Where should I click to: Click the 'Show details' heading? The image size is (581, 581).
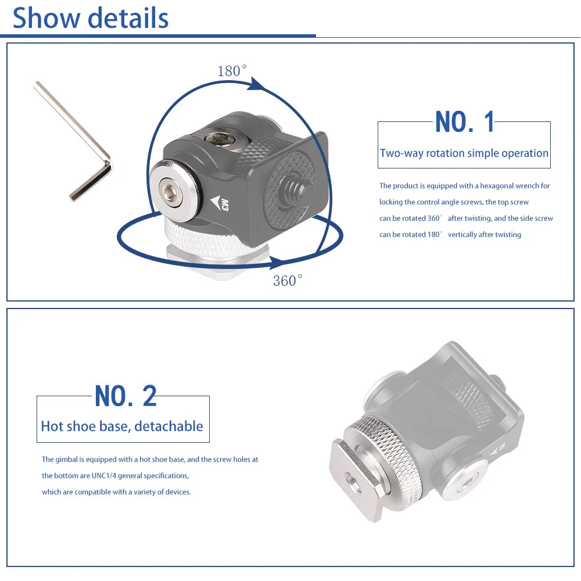tap(91, 18)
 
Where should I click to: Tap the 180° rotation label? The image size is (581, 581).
tap(232, 71)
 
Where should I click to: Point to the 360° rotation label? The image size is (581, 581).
tap(288, 281)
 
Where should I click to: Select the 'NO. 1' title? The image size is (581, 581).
tap(465, 122)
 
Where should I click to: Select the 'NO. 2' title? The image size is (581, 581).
tap(125, 396)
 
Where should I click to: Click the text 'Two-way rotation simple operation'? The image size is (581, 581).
tap(464, 153)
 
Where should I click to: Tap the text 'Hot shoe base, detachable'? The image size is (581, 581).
tap(122, 426)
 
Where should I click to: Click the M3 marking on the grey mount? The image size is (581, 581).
tap(224, 205)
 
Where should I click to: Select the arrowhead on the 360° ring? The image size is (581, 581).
tap(277, 262)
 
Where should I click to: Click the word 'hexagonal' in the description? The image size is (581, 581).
tap(495, 186)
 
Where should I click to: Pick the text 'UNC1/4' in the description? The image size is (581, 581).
tap(104, 476)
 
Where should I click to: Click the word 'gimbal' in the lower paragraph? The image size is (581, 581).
tap(66, 460)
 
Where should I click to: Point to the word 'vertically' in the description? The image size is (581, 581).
tap(462, 235)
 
